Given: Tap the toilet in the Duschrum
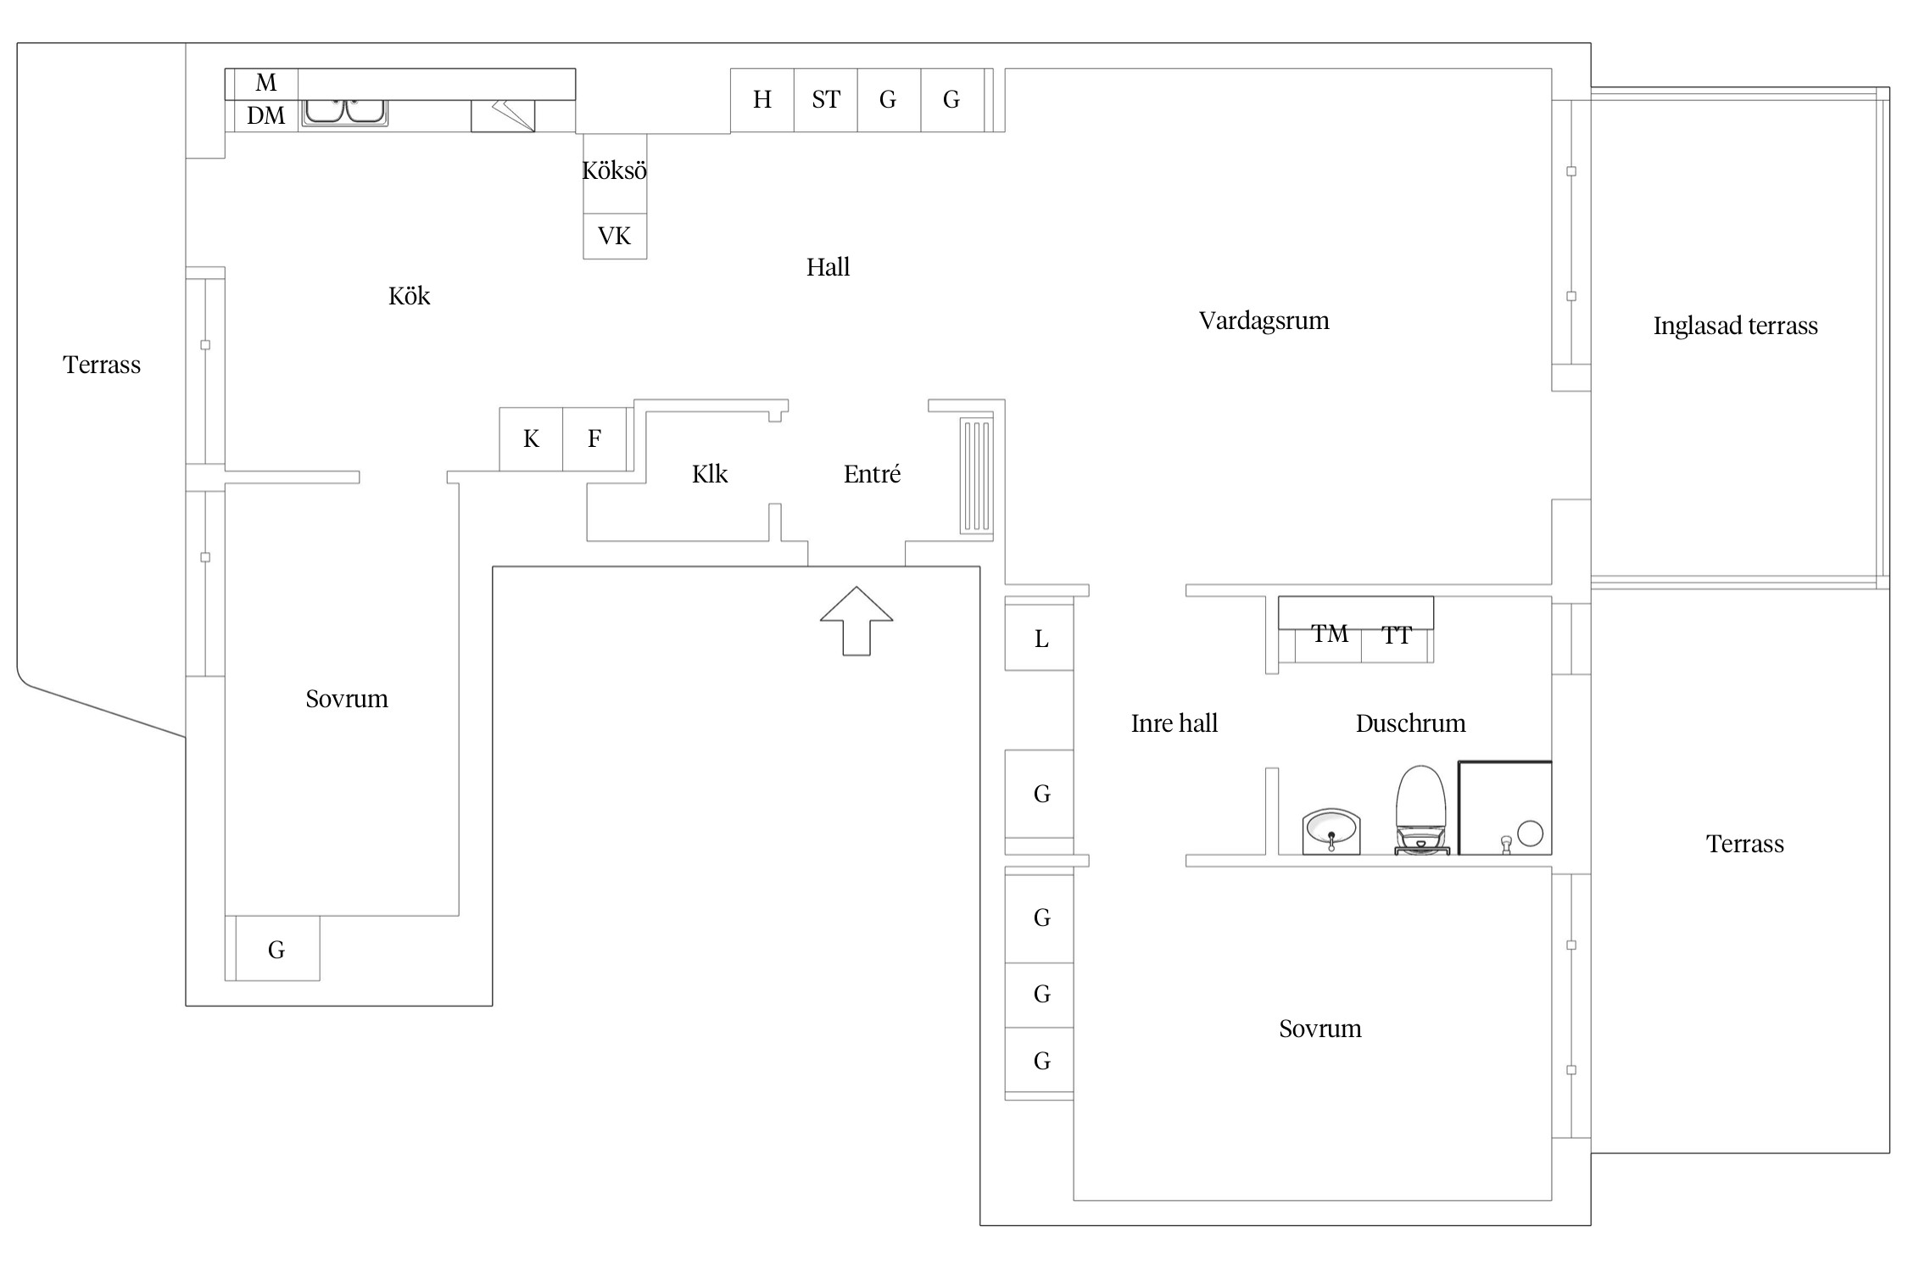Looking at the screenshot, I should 1420,810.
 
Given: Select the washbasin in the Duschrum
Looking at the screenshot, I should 1331,830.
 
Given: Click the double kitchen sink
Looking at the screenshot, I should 345,111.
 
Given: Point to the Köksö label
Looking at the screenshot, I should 614,171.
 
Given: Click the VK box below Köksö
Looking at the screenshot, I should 614,236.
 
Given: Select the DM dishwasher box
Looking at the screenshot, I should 265,115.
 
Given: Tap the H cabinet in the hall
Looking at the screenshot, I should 762,100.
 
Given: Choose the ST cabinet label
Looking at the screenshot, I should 825,100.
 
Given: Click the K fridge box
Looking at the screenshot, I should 531,439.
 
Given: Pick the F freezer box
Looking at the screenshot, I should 594,439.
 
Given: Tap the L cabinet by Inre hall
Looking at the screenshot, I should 1040,639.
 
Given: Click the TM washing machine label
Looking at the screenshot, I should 1329,634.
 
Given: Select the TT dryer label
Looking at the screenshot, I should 1396,635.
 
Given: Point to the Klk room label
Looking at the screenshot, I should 710,474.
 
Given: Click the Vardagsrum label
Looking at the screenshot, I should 1264,321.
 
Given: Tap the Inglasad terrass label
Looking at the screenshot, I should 1735,326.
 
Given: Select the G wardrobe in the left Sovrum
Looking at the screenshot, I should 276,950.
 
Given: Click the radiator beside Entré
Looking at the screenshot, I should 976,476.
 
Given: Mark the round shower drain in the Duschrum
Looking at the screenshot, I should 1530,834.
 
